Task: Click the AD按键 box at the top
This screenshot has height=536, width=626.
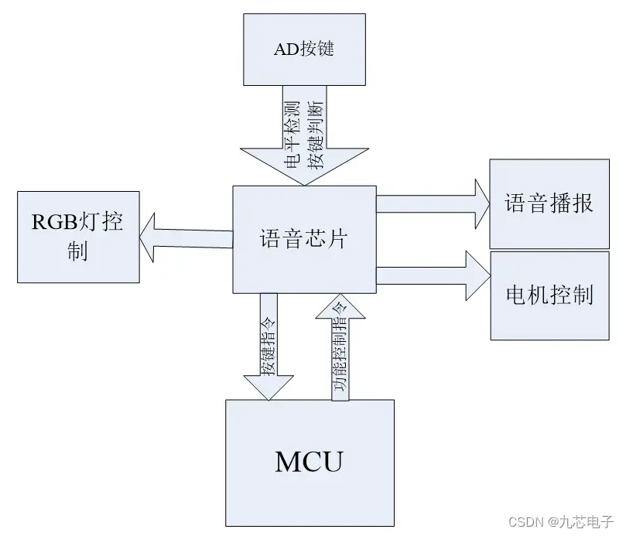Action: pyautogui.click(x=305, y=50)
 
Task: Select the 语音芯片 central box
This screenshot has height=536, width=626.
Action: pyautogui.click(x=304, y=239)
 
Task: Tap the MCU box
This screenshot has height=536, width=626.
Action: pyautogui.click(x=309, y=462)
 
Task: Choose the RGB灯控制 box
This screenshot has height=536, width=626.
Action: pyautogui.click(x=79, y=236)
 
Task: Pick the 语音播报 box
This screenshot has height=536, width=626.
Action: pyautogui.click(x=549, y=203)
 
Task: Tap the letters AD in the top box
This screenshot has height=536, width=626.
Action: pyautogui.click(x=285, y=50)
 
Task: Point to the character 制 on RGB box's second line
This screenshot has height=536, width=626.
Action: pyautogui.click(x=77, y=252)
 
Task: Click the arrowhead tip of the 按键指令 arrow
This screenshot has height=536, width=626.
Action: pyautogui.click(x=268, y=398)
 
